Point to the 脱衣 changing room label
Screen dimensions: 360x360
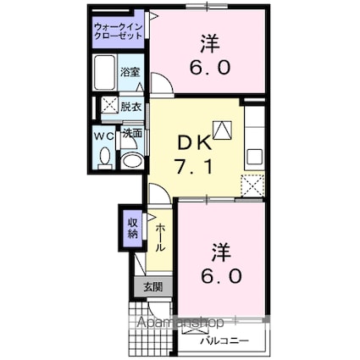click(130, 107)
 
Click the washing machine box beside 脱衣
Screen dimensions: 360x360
click(108, 107)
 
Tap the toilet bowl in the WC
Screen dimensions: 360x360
click(105, 156)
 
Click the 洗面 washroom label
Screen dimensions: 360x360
click(131, 134)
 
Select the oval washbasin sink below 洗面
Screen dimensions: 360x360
click(131, 162)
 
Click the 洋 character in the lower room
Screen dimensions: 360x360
click(220, 252)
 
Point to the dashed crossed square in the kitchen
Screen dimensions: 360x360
click(253, 184)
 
